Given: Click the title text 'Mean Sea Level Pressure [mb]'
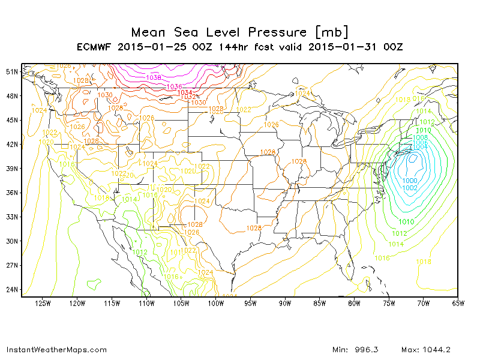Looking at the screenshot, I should point(239,32).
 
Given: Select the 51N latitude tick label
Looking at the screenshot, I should point(12,71).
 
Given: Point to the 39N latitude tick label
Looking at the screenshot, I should point(12,169).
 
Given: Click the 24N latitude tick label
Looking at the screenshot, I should point(12,290).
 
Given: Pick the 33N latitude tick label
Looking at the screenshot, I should point(12,217).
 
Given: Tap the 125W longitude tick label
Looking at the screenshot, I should point(43,303).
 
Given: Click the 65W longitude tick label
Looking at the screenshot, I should point(458,303).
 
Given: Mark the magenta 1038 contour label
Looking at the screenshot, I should point(154,77).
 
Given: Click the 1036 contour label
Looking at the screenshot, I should point(174,86).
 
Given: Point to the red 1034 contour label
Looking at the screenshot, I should point(185,92).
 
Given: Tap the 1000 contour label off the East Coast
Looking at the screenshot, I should point(410,181).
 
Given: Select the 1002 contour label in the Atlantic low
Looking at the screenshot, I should point(410,188).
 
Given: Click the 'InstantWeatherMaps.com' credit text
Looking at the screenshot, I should point(56,350).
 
